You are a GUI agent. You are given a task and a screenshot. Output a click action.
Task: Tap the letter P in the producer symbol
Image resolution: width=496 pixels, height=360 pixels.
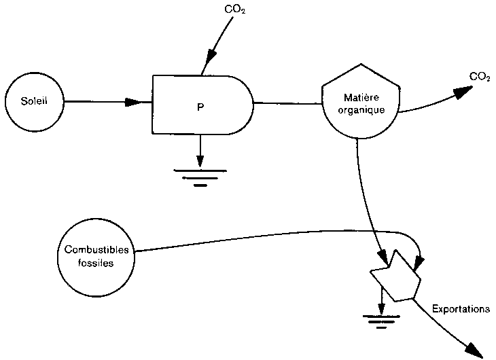coord(200,107)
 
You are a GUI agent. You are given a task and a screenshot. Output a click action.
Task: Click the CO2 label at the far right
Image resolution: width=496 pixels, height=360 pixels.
coord(480,77)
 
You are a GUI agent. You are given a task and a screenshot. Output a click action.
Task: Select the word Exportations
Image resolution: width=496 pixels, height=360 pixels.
coord(460,308)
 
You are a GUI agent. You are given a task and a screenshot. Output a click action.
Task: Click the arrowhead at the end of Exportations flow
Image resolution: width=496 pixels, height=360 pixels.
coord(474,349)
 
